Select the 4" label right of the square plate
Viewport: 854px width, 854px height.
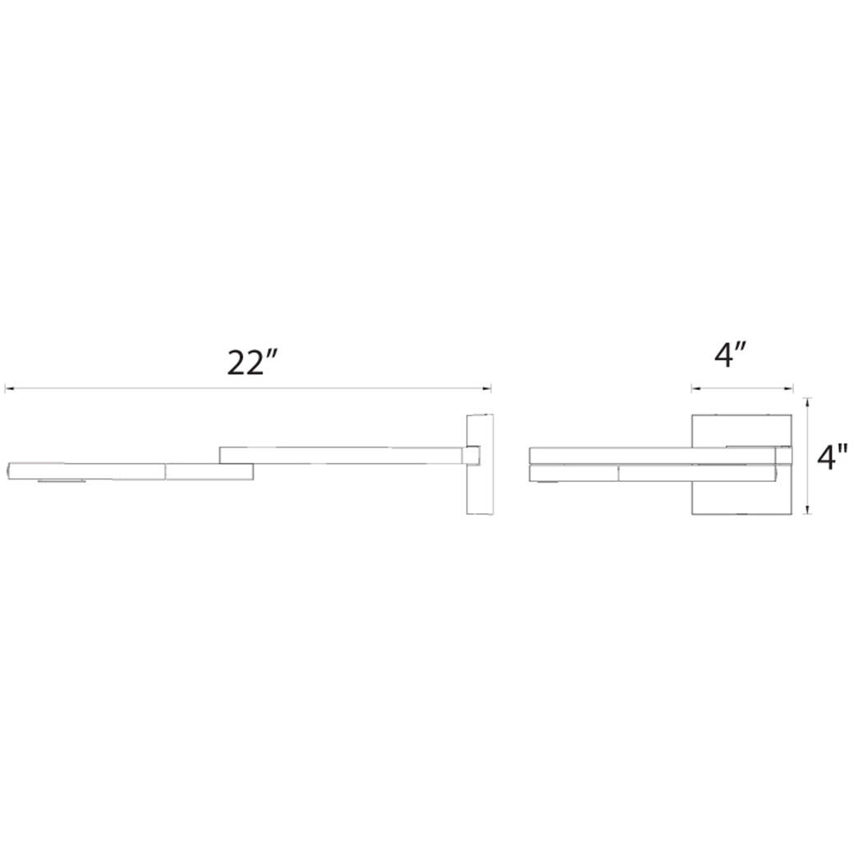833,457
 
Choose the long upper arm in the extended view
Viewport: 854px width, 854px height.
341,455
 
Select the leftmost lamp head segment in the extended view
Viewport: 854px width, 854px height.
86,471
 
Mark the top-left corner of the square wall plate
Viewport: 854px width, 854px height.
692,416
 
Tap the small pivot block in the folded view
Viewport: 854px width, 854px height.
783,455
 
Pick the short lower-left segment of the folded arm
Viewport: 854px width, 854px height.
574,472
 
